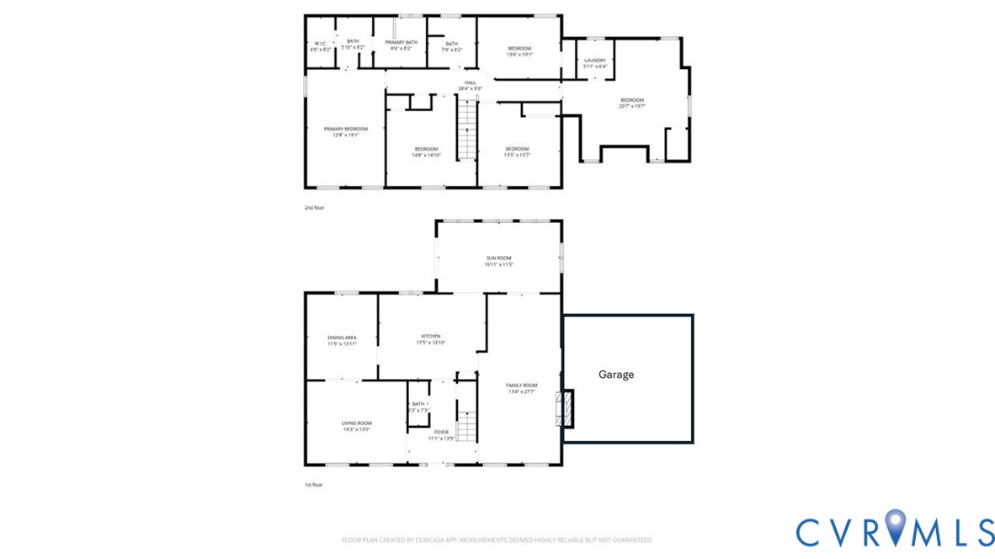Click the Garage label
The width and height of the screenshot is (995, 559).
(x=616, y=375)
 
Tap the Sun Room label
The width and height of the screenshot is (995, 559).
(x=498, y=261)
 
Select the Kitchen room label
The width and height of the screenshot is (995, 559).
(x=431, y=338)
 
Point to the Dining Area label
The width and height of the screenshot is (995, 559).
(x=342, y=340)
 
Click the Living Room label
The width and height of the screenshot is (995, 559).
(x=357, y=426)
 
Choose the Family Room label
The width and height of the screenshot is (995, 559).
(x=522, y=388)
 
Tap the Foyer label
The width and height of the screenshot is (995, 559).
(x=441, y=434)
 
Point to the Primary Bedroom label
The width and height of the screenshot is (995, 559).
(x=345, y=131)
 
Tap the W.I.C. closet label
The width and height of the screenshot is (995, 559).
(x=321, y=46)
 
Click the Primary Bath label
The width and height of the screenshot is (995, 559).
(x=401, y=45)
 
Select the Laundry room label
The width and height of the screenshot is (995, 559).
(x=595, y=63)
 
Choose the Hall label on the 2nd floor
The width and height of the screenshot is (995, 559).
(x=470, y=85)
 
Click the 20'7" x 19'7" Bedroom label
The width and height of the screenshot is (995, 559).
(x=631, y=103)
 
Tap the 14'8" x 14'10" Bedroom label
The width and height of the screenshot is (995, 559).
(x=426, y=152)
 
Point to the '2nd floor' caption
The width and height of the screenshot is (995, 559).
(x=313, y=206)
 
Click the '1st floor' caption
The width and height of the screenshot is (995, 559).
(x=313, y=485)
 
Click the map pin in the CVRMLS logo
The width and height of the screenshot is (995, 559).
(x=895, y=529)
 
